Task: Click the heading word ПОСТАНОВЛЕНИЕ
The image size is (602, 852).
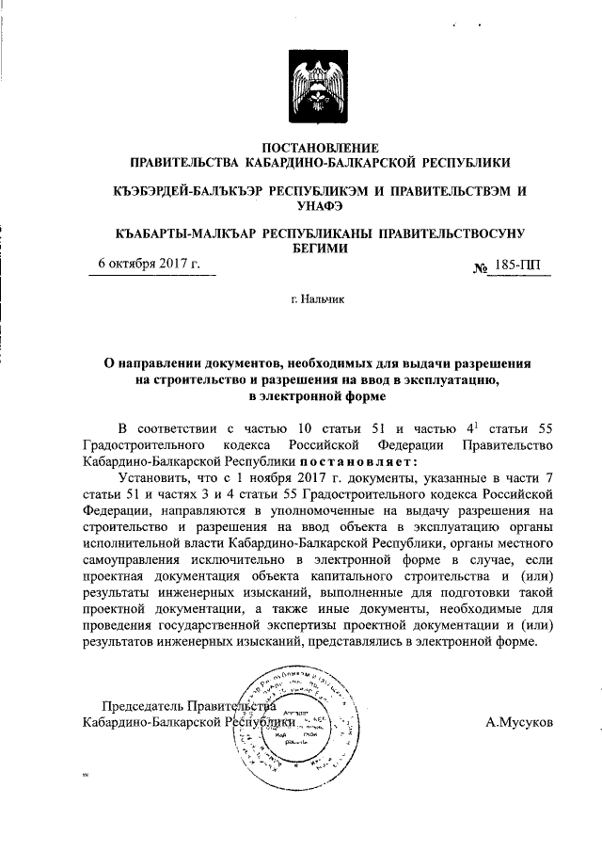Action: point(320,148)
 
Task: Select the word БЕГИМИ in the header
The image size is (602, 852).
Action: point(320,249)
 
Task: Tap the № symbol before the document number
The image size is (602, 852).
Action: point(480,267)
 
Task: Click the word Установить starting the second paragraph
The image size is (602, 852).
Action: point(152,477)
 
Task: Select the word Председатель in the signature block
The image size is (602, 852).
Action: point(142,705)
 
